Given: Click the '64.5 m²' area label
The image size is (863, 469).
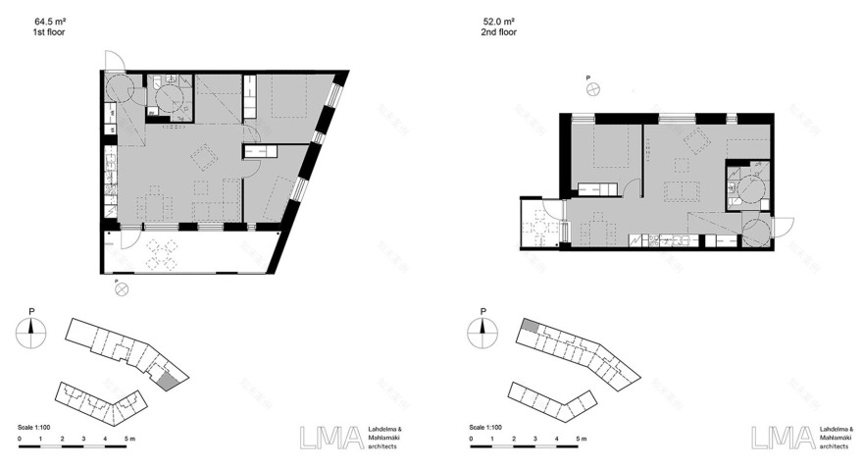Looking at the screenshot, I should point(49,22).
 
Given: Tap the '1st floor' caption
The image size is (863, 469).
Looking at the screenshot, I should point(48,32).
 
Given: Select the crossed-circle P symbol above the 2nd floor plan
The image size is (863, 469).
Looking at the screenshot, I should point(592,90).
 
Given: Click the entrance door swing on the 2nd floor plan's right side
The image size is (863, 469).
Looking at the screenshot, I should point(756,231).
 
